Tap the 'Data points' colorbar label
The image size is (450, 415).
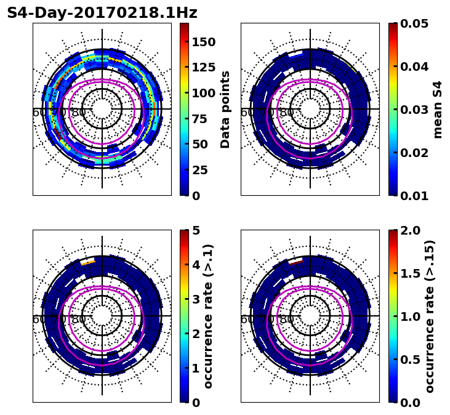225,109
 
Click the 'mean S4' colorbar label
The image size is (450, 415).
438,109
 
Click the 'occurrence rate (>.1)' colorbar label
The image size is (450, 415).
208,316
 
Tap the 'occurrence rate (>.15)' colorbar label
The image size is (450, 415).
430,316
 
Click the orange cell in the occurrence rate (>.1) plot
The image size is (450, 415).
88,262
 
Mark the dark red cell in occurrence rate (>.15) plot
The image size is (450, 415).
296,262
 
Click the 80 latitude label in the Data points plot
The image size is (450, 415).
79,113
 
